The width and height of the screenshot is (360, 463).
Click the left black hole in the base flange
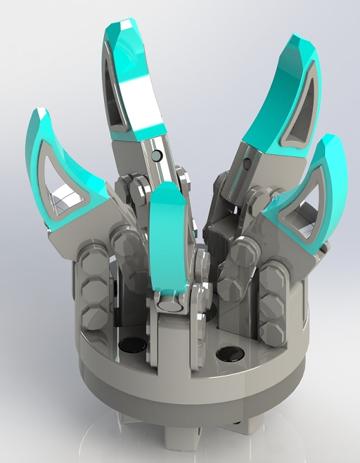[133, 345]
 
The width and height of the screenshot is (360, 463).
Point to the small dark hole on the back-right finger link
[246, 165]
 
